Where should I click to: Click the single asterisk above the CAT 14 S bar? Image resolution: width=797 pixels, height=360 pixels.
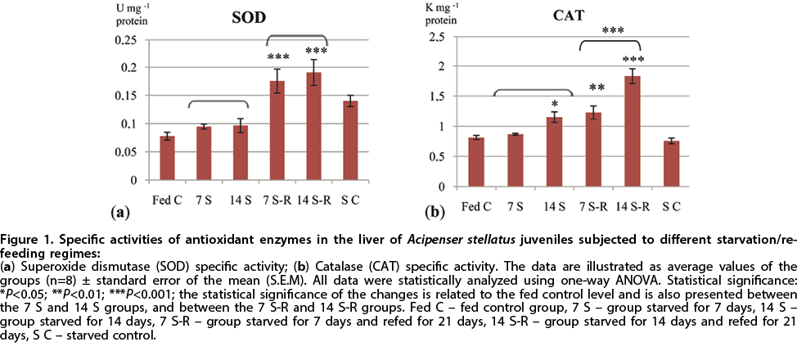[x=555, y=104]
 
